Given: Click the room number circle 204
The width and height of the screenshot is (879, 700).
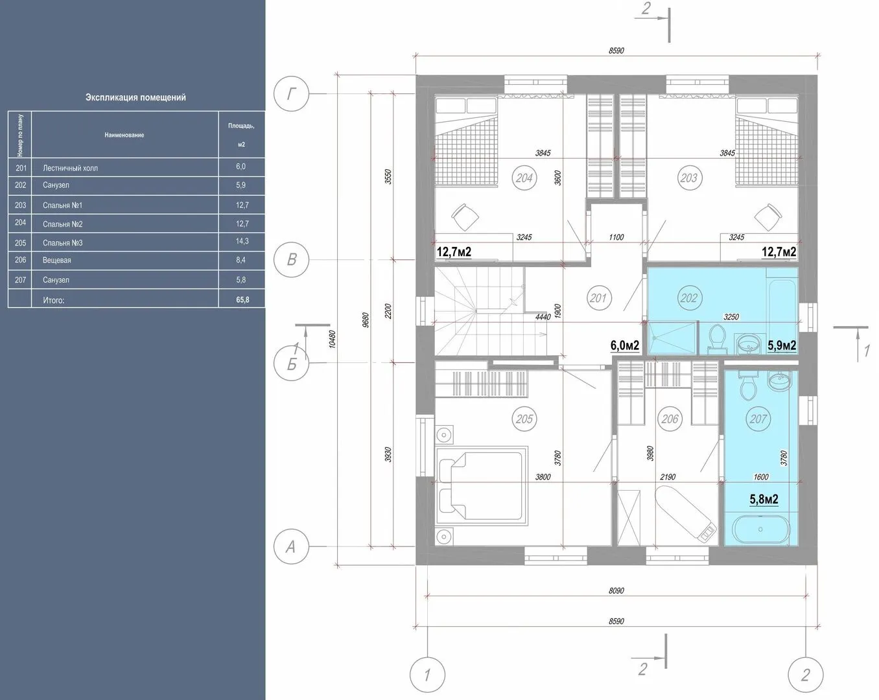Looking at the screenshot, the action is (x=524, y=178).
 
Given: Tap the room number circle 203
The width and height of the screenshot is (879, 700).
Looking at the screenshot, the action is (x=688, y=178).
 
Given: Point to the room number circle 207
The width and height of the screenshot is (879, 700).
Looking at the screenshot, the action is (x=758, y=419).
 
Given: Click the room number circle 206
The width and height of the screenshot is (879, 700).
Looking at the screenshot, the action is (x=670, y=419).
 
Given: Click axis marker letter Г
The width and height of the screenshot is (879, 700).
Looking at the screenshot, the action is (x=291, y=94).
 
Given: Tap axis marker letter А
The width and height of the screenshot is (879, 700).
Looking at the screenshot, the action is (x=290, y=546).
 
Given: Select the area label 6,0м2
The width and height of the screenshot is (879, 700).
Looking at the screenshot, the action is (x=624, y=345).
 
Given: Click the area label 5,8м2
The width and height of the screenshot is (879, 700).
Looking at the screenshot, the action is (x=764, y=498).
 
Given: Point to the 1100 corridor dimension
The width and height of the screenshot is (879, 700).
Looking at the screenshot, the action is (x=616, y=237).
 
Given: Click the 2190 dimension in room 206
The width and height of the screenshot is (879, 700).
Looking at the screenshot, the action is (x=668, y=476).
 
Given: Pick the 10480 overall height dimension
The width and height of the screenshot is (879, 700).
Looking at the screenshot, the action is (x=333, y=339).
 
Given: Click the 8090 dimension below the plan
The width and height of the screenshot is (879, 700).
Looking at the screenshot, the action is (x=616, y=590).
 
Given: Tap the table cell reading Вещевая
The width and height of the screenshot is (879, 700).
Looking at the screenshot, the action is (x=57, y=260).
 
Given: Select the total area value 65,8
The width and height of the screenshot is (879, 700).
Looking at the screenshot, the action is (x=242, y=299).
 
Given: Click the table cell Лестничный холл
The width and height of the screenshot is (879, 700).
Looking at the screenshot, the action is (x=70, y=168).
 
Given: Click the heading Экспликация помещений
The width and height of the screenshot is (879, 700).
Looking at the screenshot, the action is (x=135, y=97).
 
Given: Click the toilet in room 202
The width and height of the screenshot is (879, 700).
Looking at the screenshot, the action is (x=717, y=338).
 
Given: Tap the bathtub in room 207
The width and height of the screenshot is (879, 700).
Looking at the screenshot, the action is (x=760, y=530).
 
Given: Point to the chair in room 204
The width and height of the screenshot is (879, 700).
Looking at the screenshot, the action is (x=465, y=217).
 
